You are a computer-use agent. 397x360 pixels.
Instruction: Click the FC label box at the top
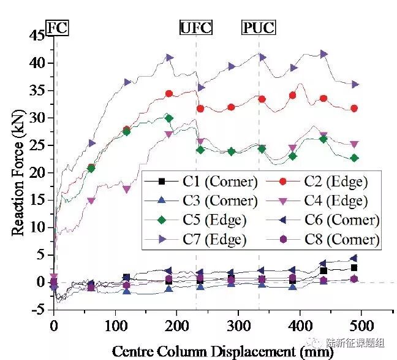point(58,28)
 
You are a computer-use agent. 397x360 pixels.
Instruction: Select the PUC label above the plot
point(258,28)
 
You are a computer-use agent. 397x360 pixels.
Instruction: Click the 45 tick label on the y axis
point(37,36)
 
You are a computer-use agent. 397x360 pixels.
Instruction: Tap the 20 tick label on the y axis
point(37,172)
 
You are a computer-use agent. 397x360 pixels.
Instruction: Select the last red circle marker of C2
point(354,109)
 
